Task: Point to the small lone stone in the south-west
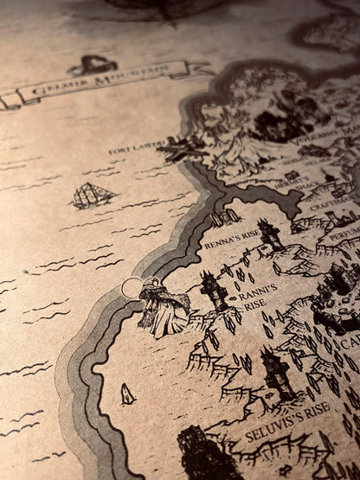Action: click(127, 394)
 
